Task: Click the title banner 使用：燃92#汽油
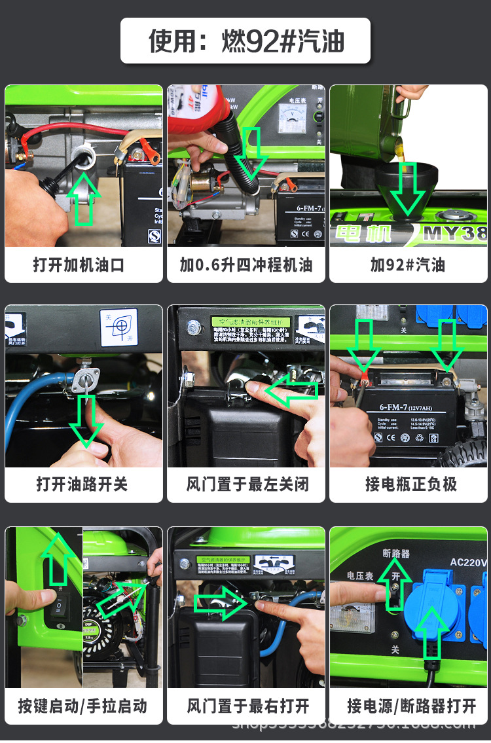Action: [245, 41]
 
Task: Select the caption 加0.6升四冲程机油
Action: [246, 265]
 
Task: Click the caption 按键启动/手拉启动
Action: [82, 706]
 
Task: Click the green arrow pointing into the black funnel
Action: [407, 190]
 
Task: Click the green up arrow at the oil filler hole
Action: [84, 196]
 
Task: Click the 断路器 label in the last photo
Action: [396, 553]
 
